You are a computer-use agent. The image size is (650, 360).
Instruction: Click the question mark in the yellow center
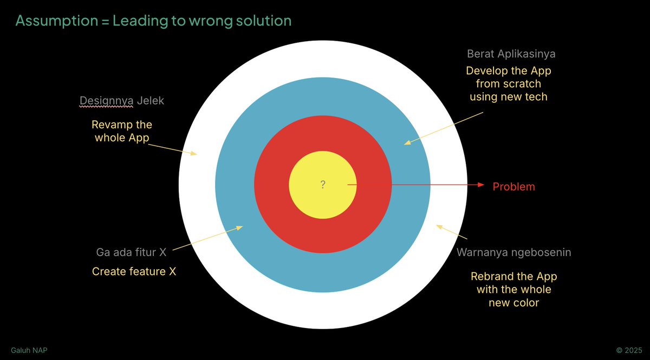[x=323, y=185]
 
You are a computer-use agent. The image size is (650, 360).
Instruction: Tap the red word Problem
[x=513, y=187]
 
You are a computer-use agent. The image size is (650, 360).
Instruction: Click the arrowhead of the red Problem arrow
[x=480, y=185]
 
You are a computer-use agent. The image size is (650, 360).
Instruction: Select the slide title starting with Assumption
[x=153, y=21]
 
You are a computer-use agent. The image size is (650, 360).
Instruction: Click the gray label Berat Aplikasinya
[x=511, y=54]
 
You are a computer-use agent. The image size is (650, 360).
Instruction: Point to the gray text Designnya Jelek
[x=121, y=101]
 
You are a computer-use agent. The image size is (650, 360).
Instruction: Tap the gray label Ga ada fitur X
[x=131, y=252]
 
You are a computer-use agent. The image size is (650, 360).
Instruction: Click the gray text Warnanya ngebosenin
[x=513, y=252]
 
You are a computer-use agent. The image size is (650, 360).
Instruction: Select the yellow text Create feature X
[x=134, y=271]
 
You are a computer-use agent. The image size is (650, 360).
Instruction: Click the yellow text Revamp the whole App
[x=122, y=131]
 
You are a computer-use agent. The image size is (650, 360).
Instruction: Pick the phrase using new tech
[x=508, y=97]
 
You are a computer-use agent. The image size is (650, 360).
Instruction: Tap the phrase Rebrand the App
[x=513, y=276]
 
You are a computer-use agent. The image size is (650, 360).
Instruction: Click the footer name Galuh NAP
[x=29, y=351]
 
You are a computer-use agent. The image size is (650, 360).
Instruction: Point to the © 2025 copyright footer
[x=629, y=351]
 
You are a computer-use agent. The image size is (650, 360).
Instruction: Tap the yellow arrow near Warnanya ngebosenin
[x=451, y=232]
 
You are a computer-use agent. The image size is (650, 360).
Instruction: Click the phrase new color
[x=513, y=303]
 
